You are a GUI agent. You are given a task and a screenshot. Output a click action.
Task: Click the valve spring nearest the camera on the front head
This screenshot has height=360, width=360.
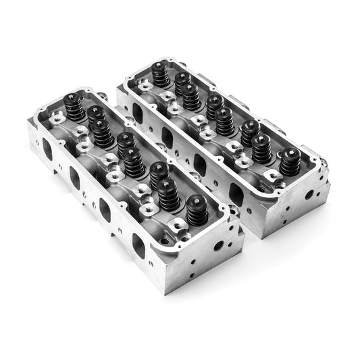(197, 210)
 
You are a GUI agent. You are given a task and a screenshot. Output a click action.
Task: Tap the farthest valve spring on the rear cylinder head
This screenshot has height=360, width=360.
(161, 74)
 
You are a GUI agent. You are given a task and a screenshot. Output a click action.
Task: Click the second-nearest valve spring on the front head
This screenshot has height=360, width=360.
(169, 195)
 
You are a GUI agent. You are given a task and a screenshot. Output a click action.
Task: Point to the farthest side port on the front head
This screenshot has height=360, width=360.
(47, 148)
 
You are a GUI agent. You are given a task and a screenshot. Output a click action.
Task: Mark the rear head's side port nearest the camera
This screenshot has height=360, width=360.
(236, 195)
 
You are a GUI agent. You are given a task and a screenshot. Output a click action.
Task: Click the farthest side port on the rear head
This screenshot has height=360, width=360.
(138, 112)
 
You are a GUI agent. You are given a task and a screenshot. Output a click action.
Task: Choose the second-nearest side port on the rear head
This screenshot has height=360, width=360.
(201, 164)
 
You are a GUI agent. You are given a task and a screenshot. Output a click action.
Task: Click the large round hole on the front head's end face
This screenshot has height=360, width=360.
(219, 245)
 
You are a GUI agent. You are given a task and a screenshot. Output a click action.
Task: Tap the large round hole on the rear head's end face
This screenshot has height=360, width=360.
(309, 195)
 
